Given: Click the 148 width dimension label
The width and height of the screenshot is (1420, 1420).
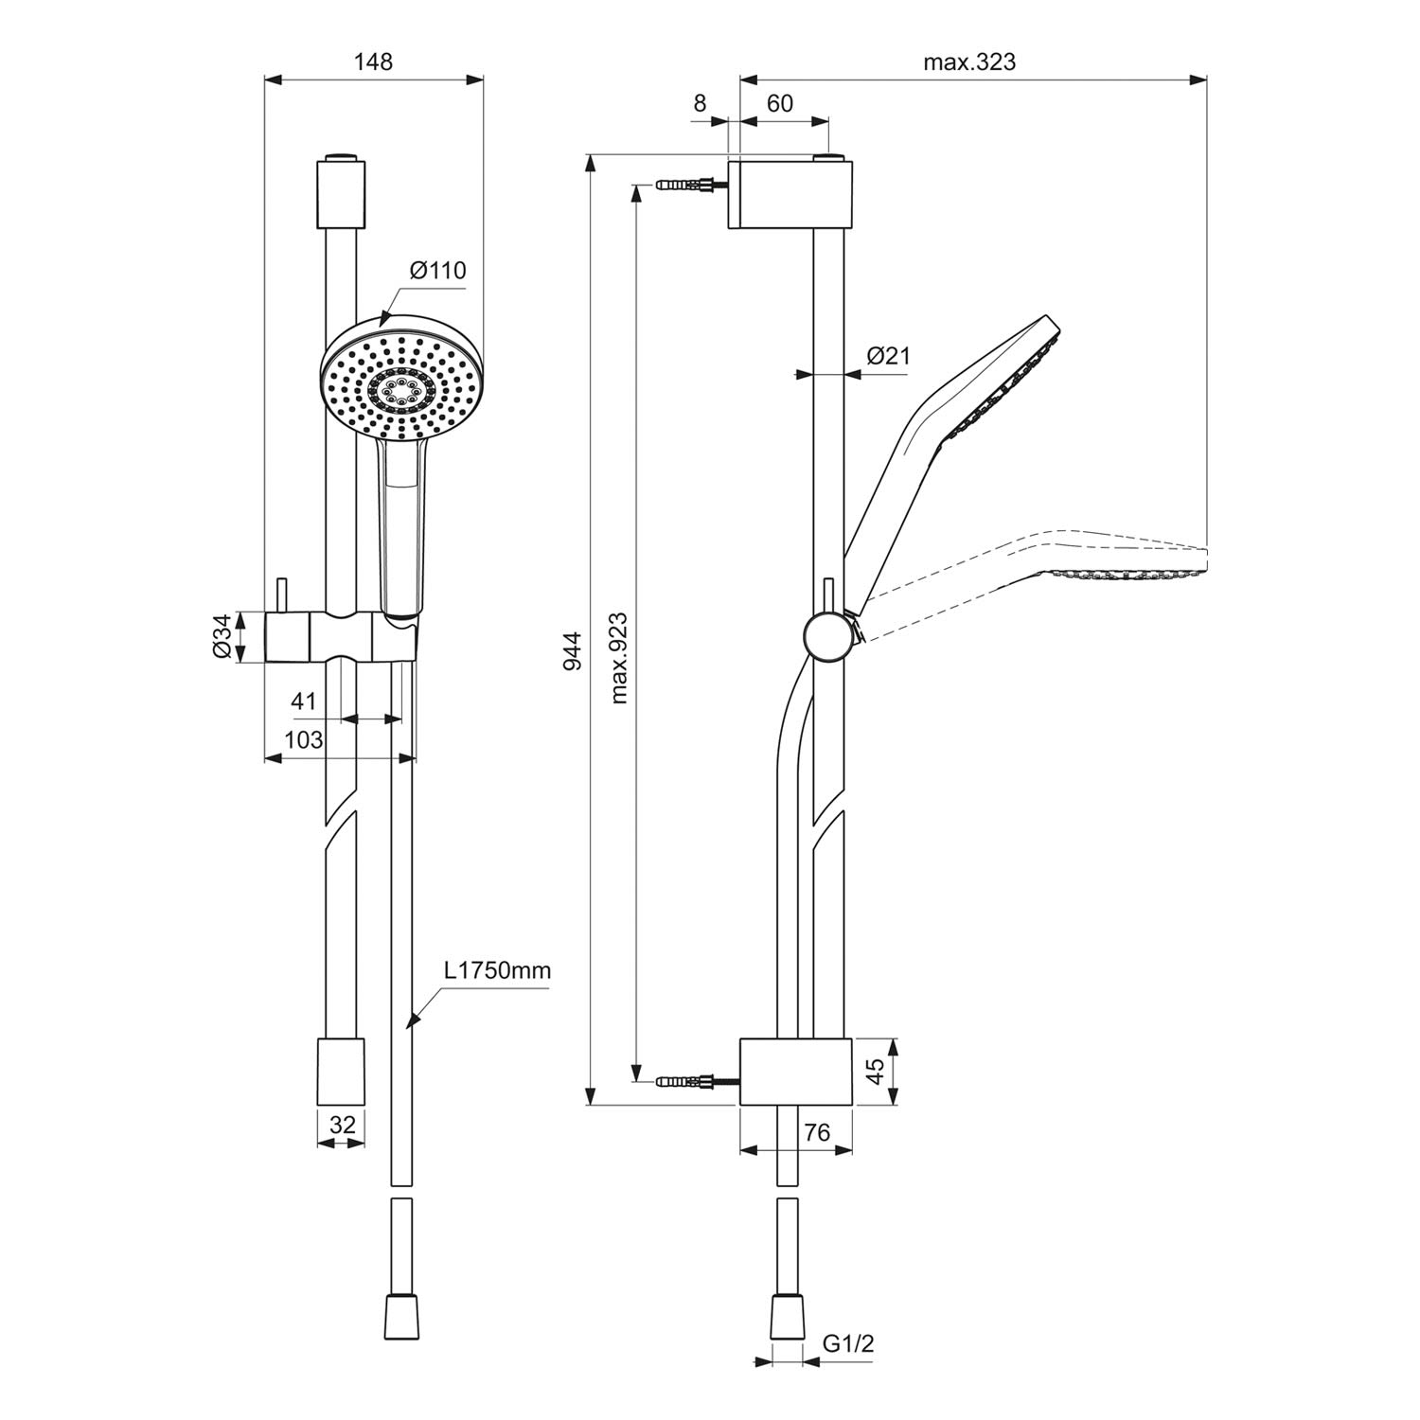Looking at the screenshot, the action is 373,62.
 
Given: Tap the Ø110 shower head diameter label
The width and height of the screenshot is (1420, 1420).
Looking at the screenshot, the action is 438,271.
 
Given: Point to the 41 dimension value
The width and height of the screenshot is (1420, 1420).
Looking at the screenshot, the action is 303,701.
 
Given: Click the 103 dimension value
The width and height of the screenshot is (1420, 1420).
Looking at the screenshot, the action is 304,739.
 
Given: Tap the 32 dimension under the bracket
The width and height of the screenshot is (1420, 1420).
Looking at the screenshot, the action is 342,1125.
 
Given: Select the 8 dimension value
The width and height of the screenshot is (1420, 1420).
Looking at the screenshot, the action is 700,103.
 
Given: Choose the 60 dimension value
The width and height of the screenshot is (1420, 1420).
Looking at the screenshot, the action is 779,103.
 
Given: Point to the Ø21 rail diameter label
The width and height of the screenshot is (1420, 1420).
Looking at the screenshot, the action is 888,356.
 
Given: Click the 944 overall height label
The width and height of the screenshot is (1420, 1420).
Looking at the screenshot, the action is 572,652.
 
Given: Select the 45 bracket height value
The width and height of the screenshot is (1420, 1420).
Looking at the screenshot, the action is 876,1071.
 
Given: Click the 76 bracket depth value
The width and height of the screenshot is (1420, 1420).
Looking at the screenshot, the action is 816,1132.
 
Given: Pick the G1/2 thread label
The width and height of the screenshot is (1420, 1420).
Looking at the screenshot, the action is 847,1342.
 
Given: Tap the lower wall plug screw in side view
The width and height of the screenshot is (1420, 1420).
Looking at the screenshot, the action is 696,1079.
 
